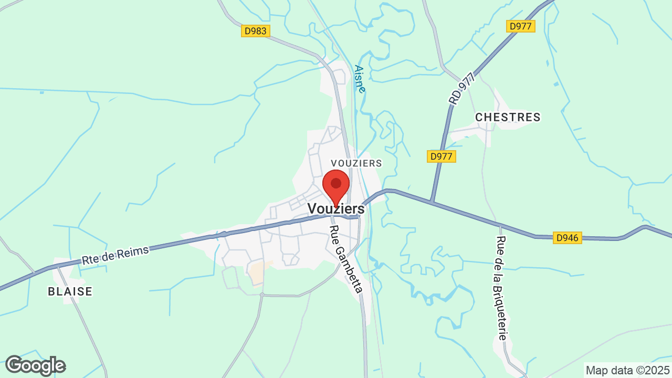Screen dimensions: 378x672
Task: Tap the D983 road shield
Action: (x=256, y=31)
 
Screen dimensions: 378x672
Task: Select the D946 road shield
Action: (x=567, y=238)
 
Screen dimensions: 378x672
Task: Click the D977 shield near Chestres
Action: (x=442, y=156)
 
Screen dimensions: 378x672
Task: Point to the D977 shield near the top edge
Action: (x=520, y=26)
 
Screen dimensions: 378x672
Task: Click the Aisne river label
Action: (x=360, y=79)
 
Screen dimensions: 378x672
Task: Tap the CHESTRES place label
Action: (x=508, y=117)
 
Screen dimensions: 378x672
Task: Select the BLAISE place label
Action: (x=70, y=291)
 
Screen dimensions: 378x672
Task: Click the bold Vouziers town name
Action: (x=336, y=208)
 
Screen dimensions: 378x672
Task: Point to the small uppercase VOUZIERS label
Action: (x=356, y=163)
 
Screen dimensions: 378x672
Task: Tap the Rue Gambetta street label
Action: (x=346, y=259)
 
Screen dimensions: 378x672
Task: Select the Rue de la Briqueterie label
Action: (x=501, y=288)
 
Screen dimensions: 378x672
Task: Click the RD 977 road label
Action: (x=461, y=88)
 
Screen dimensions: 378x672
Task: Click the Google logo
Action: (x=35, y=365)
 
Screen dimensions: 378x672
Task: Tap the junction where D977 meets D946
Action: (x=431, y=202)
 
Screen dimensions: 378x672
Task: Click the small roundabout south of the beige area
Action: (x=261, y=295)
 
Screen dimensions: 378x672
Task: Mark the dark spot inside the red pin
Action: (x=336, y=183)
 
